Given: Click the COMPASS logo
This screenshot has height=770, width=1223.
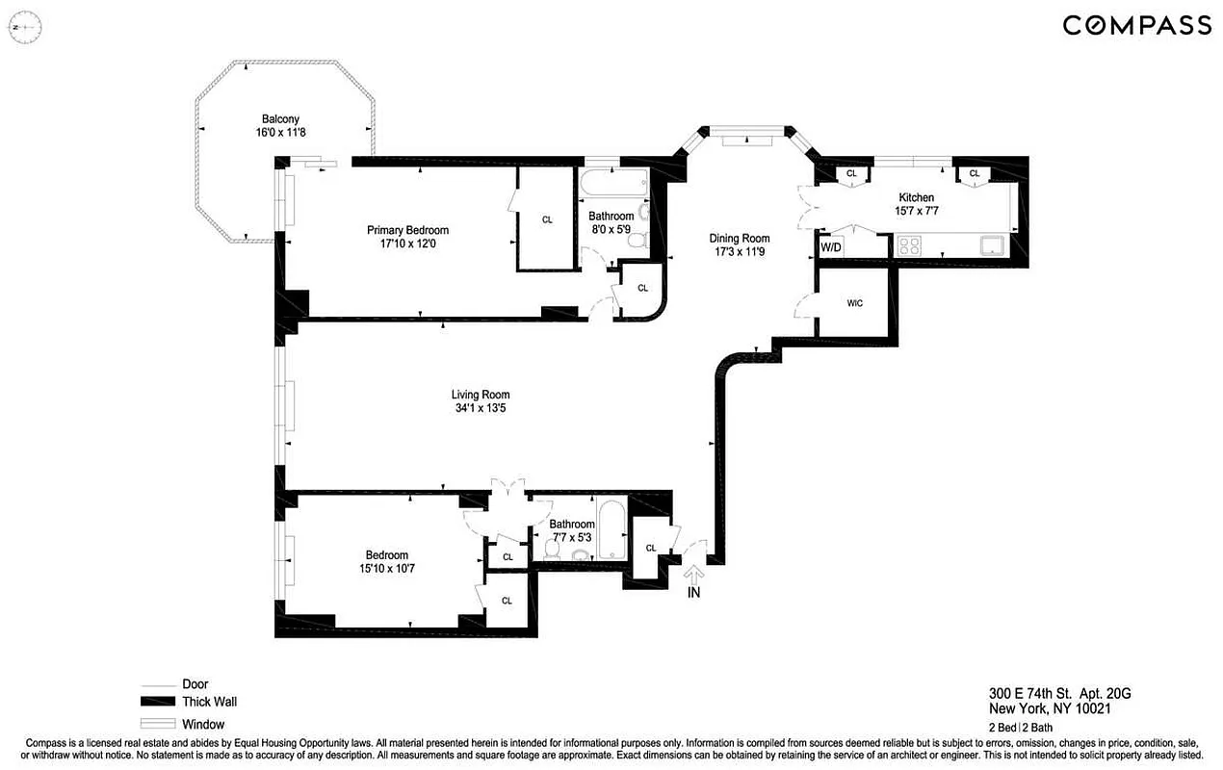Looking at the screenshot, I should click(1136, 25).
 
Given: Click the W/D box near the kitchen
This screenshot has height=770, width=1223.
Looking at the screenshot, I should click(830, 247).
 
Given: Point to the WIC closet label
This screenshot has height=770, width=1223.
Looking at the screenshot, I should click(854, 303).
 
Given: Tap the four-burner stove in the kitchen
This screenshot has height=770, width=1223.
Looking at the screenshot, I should click(909, 244).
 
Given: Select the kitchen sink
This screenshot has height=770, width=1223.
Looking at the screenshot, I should click(992, 244).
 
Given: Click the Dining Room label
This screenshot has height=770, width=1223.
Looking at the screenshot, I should click(740, 239).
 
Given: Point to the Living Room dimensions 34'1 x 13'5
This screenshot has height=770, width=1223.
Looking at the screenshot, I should click(481, 408).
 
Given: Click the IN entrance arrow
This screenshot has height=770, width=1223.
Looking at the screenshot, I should click(693, 576).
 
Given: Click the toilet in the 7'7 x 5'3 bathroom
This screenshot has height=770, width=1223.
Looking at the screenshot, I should click(553, 549).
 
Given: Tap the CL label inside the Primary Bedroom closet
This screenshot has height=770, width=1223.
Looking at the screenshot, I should click(547, 219).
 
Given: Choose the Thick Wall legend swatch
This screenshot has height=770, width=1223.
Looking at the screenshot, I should click(160, 702).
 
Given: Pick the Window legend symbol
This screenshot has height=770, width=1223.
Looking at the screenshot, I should click(160, 724).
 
